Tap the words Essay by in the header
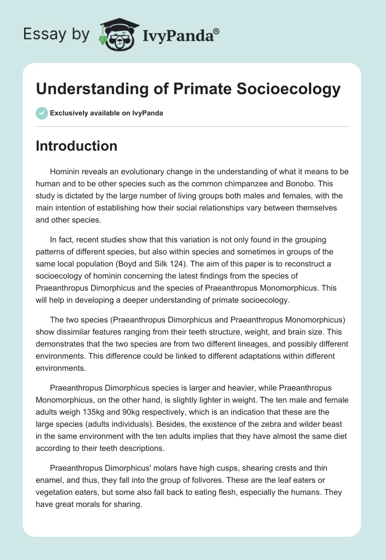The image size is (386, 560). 57,34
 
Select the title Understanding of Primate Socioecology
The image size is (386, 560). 188,89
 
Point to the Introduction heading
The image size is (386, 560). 76,146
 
